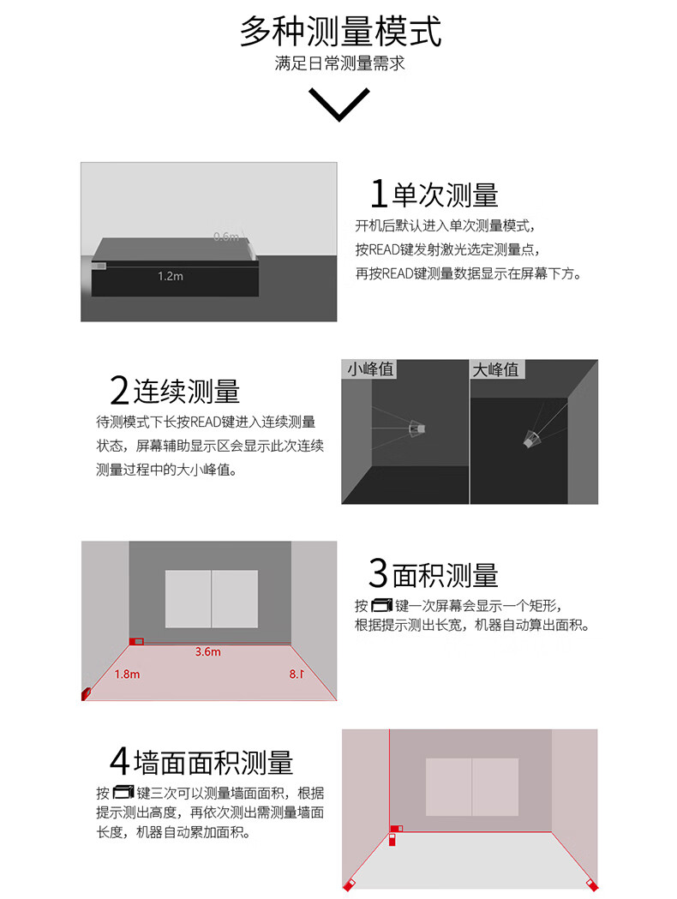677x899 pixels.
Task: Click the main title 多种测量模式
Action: coord(340,32)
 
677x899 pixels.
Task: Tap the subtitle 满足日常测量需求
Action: coord(339,63)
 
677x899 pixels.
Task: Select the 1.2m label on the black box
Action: coord(171,276)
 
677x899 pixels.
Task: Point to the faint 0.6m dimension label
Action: coord(226,237)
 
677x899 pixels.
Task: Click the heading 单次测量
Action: coord(445,195)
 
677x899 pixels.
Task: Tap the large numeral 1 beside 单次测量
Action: coord(378,194)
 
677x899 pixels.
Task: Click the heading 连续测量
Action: coord(186,392)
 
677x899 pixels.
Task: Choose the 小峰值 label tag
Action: coord(369,369)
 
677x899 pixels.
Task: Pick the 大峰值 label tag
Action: coord(496,369)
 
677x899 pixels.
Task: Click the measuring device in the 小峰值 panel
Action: coord(417,429)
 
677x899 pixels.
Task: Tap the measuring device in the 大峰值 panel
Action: coord(530,439)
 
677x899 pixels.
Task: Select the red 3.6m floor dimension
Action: coord(207,652)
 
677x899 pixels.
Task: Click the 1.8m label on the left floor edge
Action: coord(127,674)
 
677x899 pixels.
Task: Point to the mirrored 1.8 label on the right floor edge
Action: coord(297,674)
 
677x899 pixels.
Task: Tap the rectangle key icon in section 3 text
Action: coord(382,605)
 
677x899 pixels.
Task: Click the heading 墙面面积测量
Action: coord(213,763)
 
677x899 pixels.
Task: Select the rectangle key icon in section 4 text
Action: coord(123,793)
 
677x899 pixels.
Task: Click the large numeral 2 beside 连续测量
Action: coord(119,391)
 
